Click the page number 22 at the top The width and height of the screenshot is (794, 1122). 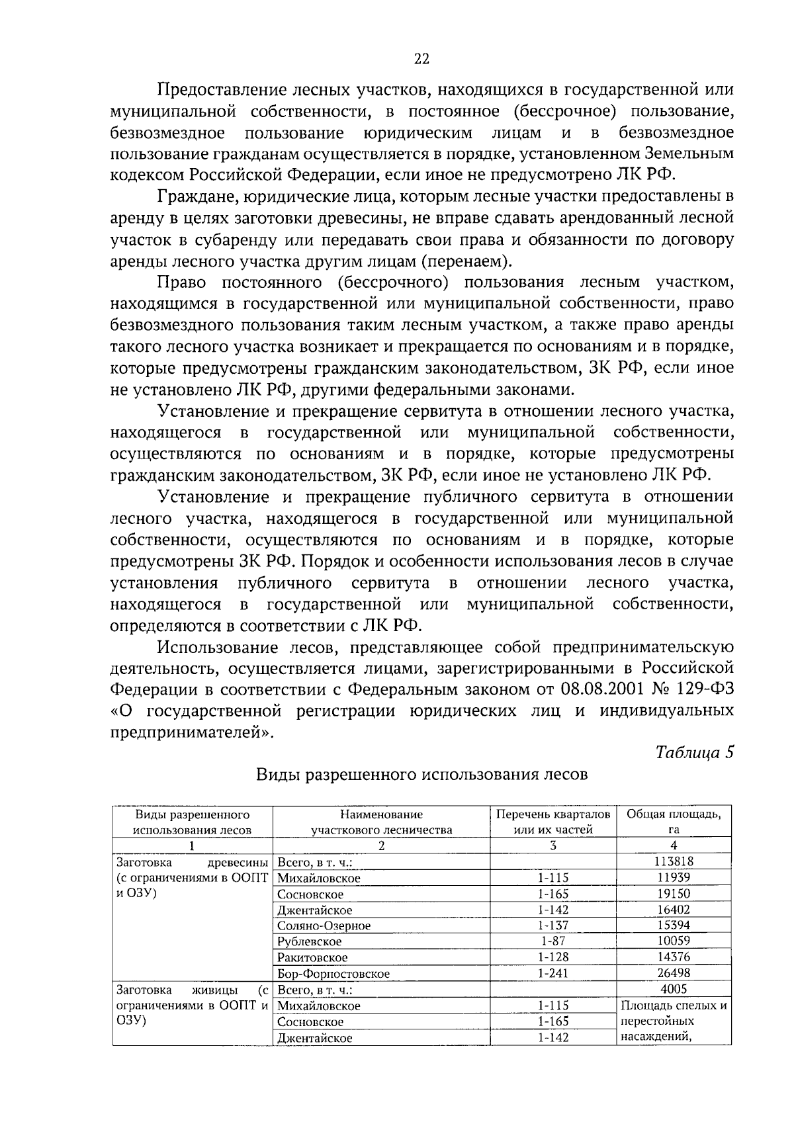[421, 59]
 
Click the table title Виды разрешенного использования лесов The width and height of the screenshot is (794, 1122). [421, 774]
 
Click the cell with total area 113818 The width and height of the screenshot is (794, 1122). [674, 861]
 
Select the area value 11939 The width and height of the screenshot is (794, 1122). [674, 877]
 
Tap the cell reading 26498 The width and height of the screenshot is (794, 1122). [674, 973]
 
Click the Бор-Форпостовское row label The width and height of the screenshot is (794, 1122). [333, 974]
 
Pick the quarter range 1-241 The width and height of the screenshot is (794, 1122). [552, 973]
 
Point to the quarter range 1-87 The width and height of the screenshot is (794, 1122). [552, 941]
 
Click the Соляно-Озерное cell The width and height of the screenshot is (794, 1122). [324, 926]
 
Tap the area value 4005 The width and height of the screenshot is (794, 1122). [674, 989]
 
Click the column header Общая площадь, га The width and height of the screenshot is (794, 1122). [674, 821]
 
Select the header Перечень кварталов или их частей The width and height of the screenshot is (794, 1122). [553, 821]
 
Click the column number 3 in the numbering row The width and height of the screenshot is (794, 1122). [553, 845]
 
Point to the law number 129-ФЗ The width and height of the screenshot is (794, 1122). [707, 689]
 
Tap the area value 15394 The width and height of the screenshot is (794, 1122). [674, 926]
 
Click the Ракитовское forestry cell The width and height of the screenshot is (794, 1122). [312, 957]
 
